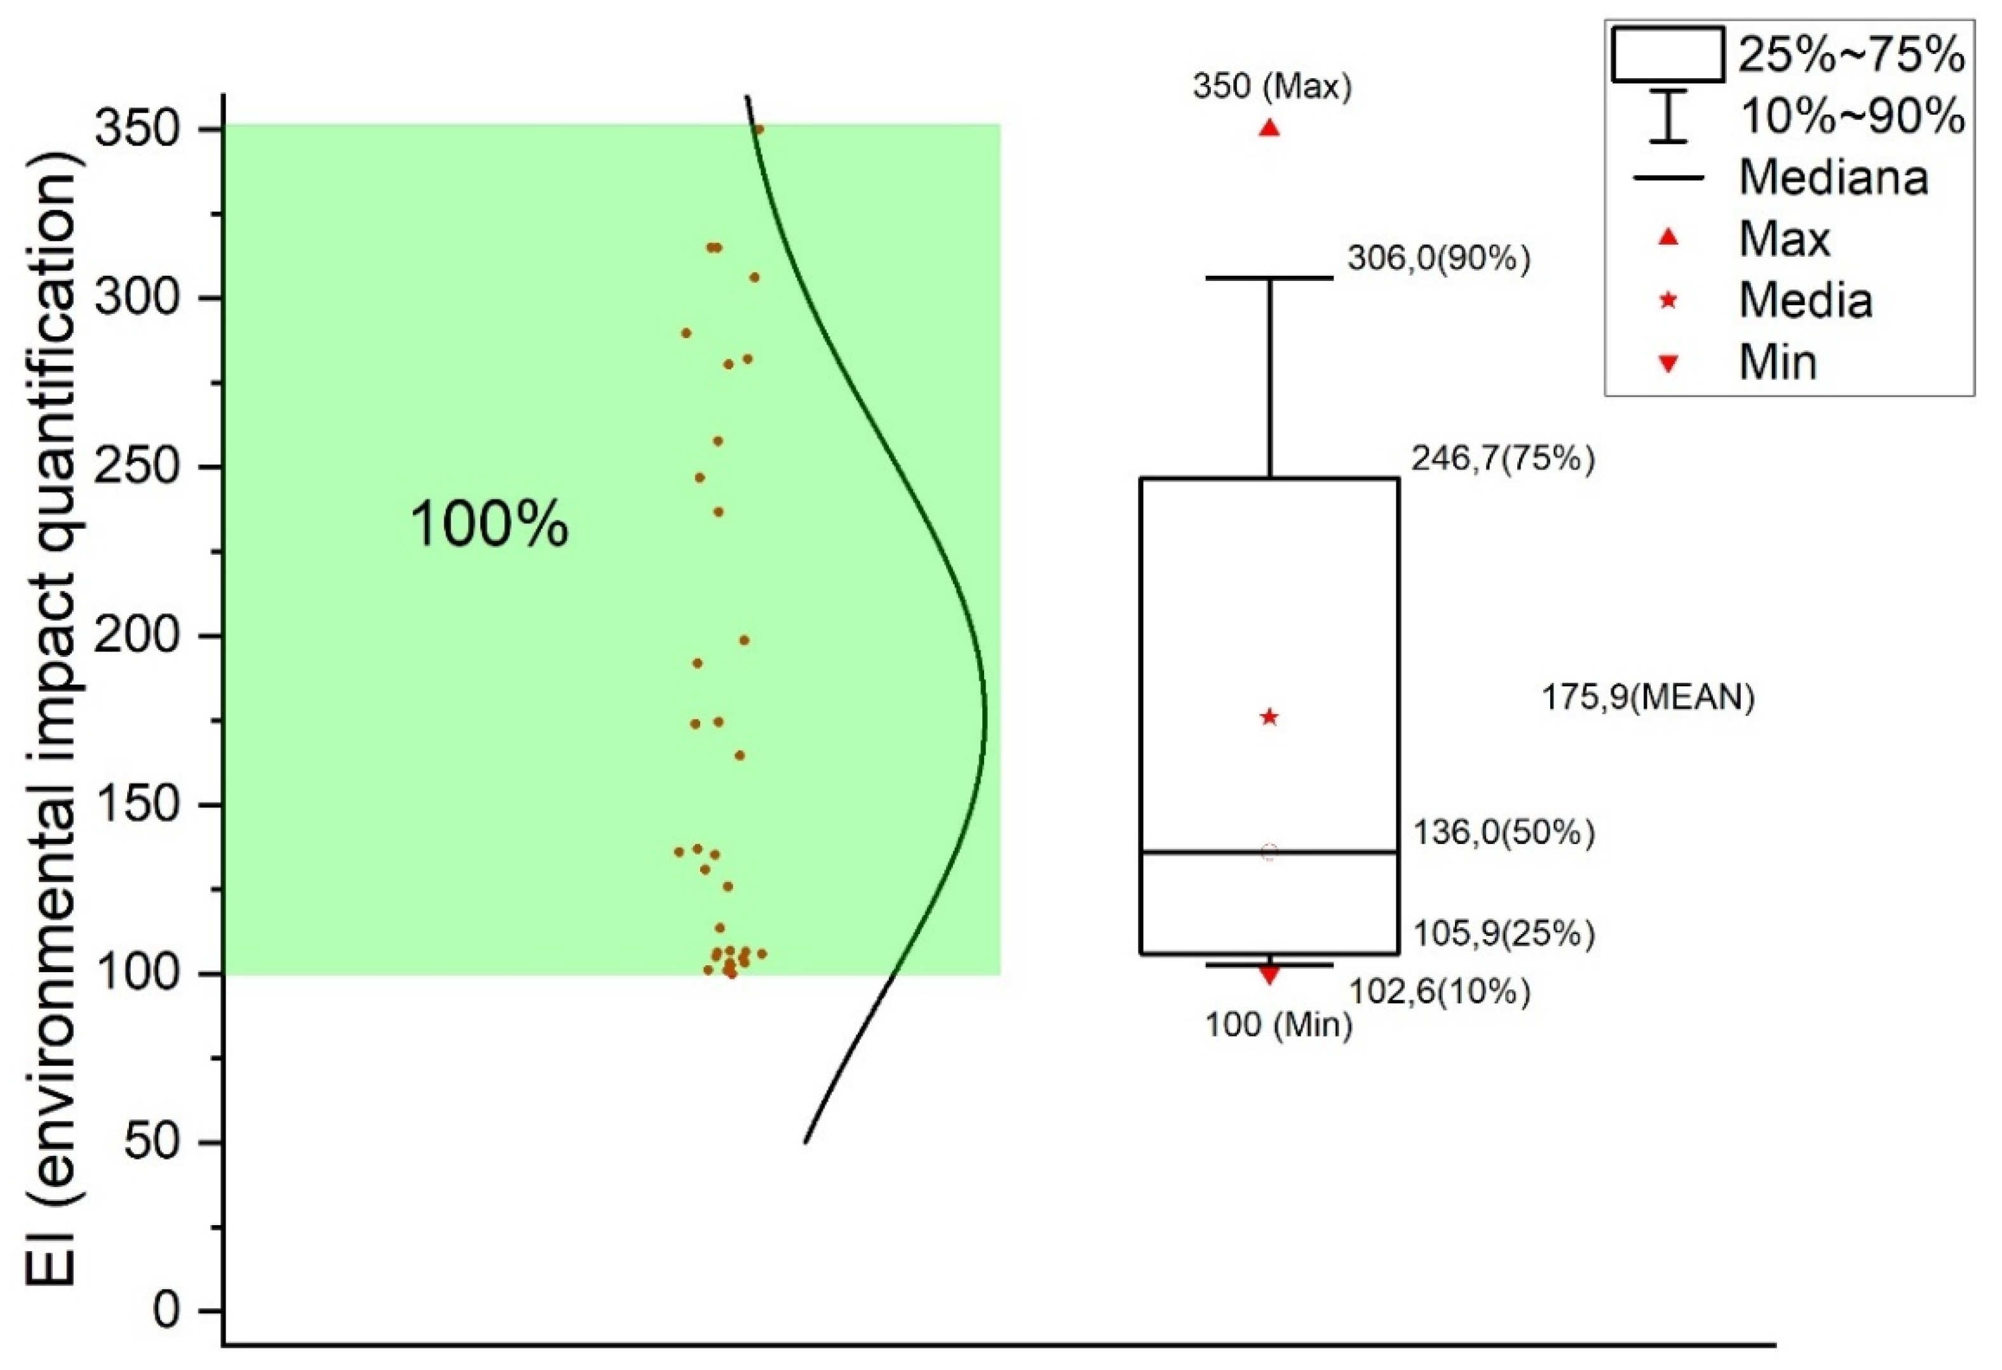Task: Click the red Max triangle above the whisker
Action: coord(1269,128)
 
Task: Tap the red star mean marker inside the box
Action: coord(1269,717)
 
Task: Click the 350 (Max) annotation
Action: coord(1271,87)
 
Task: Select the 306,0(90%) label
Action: coord(1438,259)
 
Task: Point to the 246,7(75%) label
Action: coord(1503,459)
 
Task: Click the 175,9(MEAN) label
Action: coord(1647,698)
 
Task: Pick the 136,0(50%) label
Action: coord(1503,832)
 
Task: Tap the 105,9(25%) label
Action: coord(1503,934)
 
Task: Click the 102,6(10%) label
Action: coord(1438,993)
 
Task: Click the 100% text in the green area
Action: coord(489,525)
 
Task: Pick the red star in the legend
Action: coord(1668,301)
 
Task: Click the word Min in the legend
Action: coord(1778,362)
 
